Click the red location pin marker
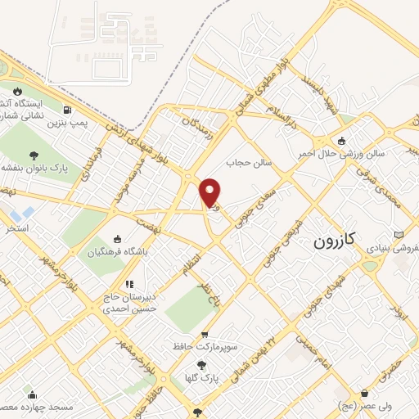(210, 192)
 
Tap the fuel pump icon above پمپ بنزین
(66, 110)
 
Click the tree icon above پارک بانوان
(34, 155)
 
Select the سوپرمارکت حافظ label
(205, 347)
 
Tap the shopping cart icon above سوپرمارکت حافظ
(205, 334)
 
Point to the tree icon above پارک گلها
(202, 366)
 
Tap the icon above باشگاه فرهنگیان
(118, 239)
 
